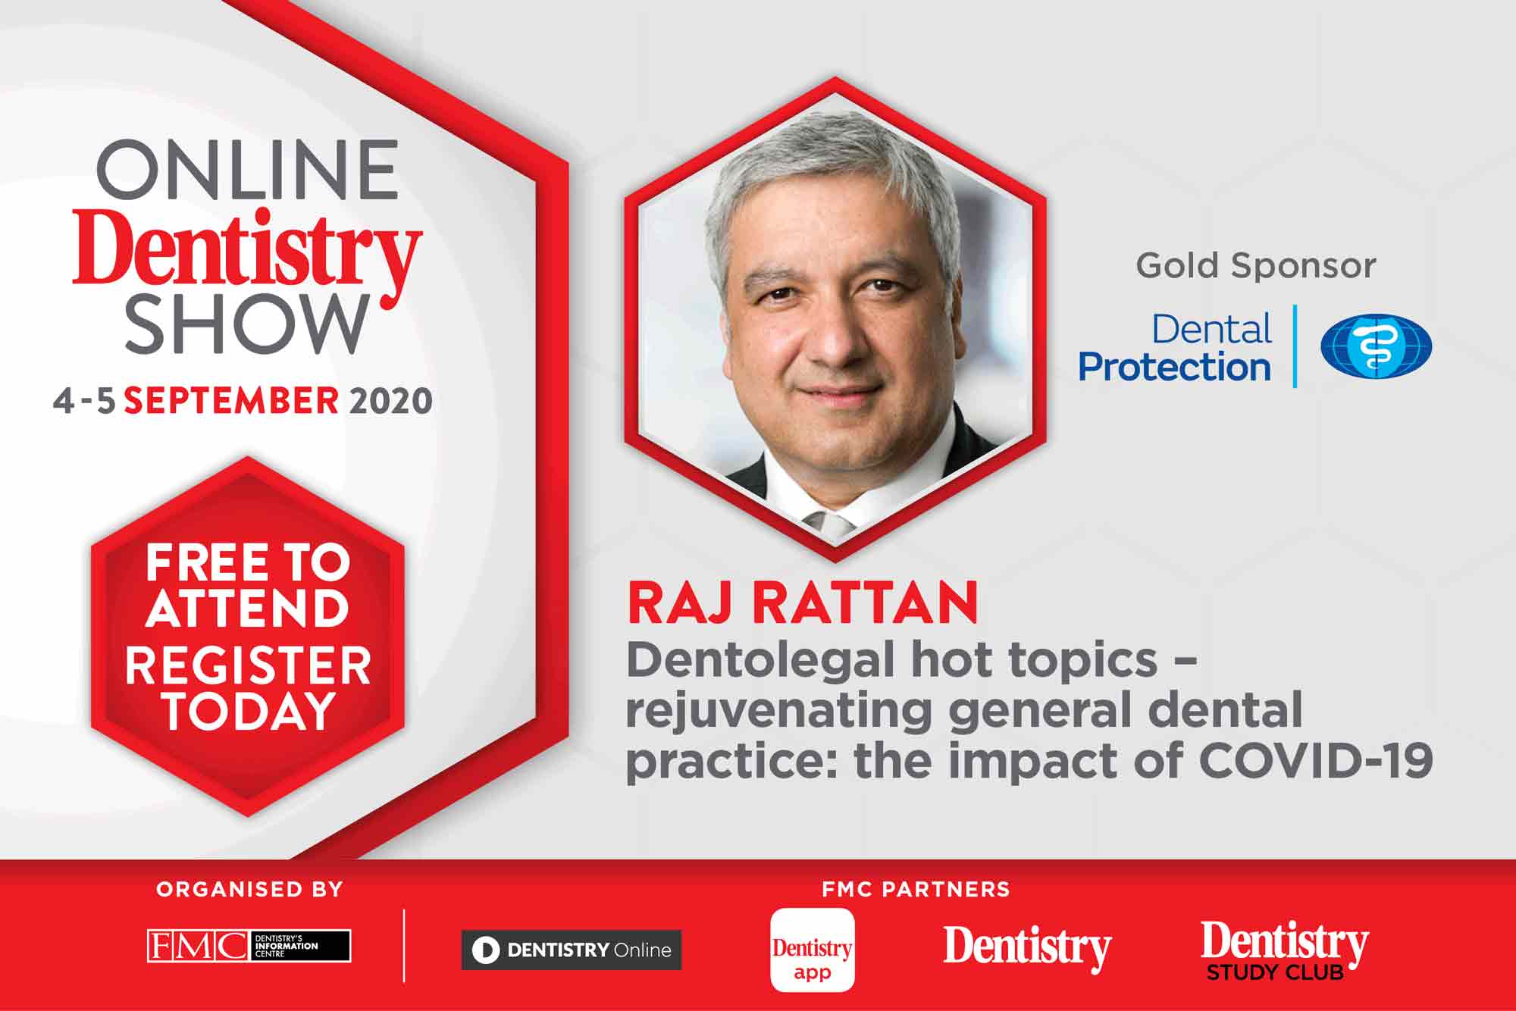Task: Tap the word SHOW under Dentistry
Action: pos(247,324)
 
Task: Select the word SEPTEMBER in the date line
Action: pos(231,400)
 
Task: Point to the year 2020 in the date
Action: pos(390,400)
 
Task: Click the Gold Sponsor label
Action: pos(1255,266)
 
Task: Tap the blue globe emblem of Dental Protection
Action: pos(1376,346)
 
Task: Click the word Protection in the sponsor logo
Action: pos(1174,367)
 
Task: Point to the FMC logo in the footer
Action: pos(249,946)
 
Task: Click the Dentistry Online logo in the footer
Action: pos(572,950)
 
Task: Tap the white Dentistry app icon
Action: pos(813,950)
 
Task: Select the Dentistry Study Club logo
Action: pos(1285,950)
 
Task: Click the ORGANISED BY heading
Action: pos(249,889)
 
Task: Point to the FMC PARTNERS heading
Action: pos(916,889)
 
